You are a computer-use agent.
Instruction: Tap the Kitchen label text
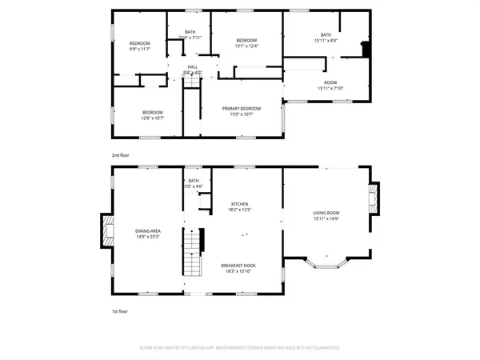pos(240,203)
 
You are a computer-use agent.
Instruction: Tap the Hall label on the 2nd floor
pos(193,67)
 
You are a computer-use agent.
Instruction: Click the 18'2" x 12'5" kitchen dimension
pos(240,210)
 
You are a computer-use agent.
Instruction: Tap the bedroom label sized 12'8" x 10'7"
pos(153,112)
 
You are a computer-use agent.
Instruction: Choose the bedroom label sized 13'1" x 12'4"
pos(246,40)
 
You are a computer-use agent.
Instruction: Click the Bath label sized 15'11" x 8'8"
pos(326,34)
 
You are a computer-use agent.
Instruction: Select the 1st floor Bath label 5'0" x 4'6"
pos(194,181)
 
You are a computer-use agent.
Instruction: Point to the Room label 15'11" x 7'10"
pos(330,83)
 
